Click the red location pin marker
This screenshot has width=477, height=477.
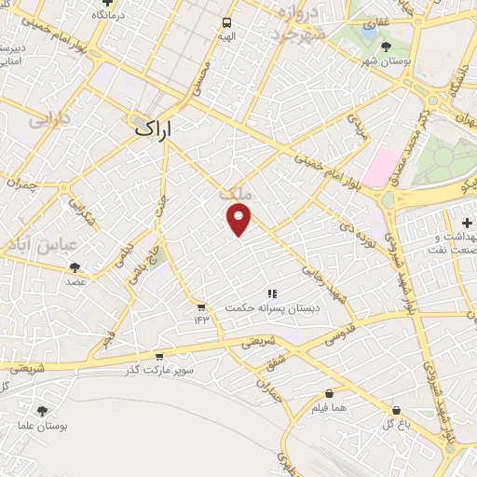coord(239,219)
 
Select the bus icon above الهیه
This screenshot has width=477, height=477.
coord(226,22)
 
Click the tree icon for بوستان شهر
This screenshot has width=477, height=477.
coord(386,45)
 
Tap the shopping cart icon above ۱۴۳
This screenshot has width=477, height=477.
coord(199,306)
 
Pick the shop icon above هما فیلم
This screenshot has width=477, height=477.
coord(330,394)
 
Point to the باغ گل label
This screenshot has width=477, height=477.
coord(398,424)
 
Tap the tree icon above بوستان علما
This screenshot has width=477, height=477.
coord(42,410)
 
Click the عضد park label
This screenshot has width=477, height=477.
coord(75,281)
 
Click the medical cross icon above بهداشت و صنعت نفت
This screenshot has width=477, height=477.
coord(467,222)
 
